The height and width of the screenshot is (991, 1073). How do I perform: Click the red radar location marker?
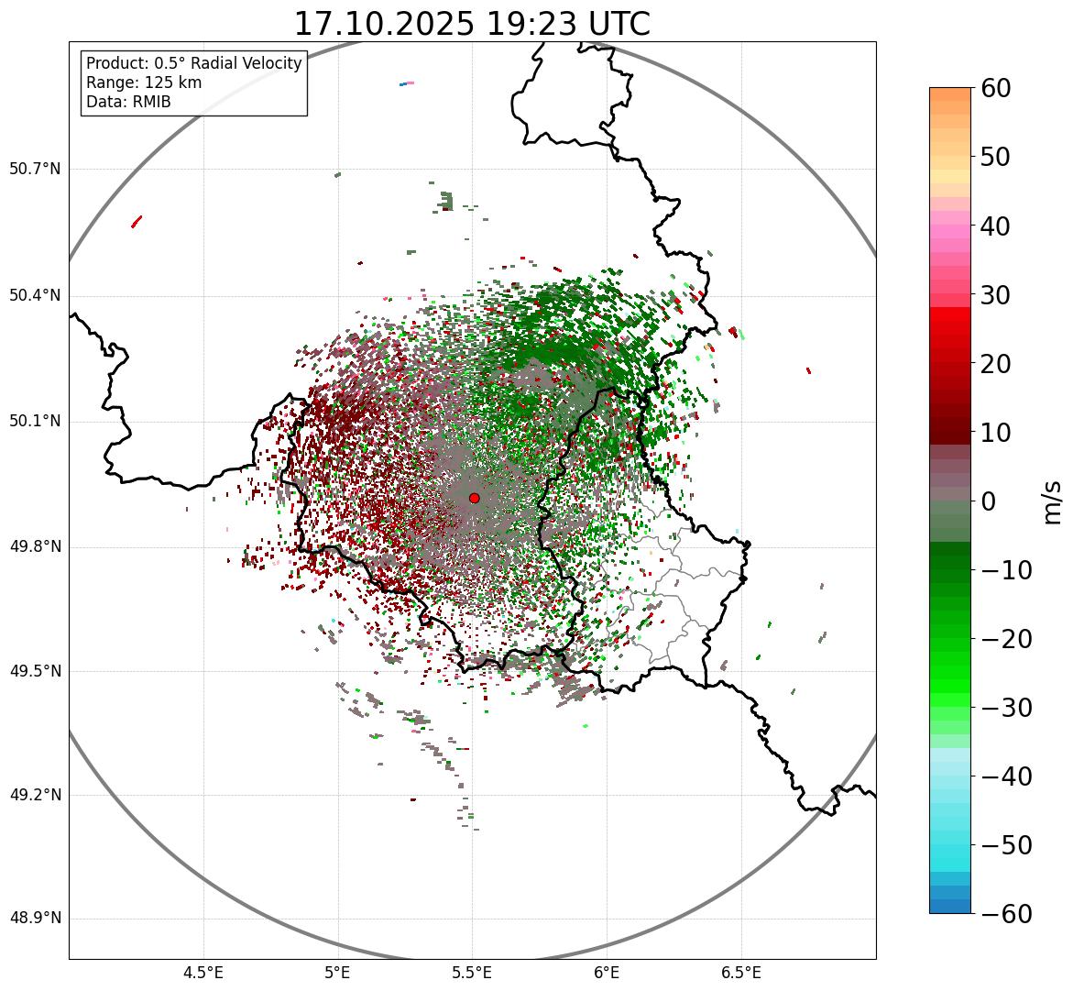[x=474, y=498]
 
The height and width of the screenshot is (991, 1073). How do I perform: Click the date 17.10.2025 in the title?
[x=384, y=24]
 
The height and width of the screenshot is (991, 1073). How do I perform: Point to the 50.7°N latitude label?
[x=35, y=169]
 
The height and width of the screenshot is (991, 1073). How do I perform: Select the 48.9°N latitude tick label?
[x=35, y=919]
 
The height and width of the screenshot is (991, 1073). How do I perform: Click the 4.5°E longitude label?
[x=203, y=973]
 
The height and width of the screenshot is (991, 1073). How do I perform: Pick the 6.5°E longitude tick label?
[x=740, y=973]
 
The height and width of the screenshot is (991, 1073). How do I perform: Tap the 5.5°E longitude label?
[x=472, y=973]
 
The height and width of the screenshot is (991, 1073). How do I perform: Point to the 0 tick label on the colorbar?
[x=989, y=501]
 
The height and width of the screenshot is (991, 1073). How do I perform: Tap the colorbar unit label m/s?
[x=1054, y=501]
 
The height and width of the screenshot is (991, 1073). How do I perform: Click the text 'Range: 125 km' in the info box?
[x=144, y=83]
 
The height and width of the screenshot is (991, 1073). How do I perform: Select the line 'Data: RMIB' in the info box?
[x=128, y=102]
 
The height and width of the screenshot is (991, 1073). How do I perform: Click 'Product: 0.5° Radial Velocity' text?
[x=193, y=63]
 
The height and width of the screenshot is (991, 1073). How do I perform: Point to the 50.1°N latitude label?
[x=35, y=422]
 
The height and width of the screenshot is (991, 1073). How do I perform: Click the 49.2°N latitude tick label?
[x=35, y=795]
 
